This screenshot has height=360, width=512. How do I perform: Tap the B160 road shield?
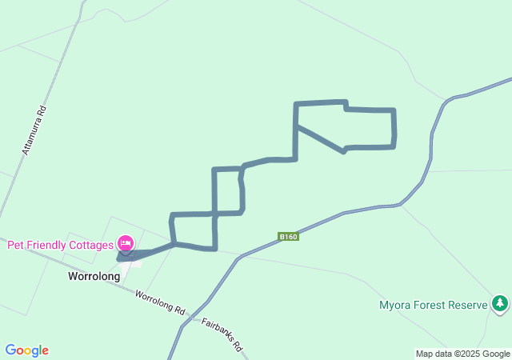[289, 236]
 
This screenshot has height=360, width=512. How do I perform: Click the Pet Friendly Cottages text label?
[60, 246]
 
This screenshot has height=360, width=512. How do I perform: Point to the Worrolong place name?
[94, 277]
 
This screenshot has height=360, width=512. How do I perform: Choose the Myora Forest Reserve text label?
[433, 305]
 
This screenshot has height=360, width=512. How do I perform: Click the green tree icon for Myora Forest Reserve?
[500, 303]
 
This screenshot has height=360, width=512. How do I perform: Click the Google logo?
[27, 350]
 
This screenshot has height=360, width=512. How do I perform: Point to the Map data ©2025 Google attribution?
[462, 354]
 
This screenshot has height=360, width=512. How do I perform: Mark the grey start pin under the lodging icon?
[125, 254]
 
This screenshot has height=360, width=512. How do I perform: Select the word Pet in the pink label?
[15, 246]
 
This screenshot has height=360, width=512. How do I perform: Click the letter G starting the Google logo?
[10, 350]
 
